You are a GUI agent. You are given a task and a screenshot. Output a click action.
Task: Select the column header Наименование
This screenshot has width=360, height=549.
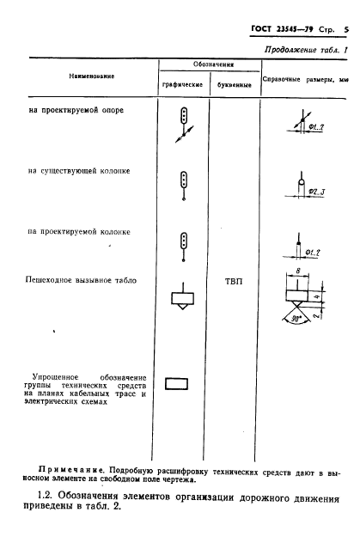[91, 76]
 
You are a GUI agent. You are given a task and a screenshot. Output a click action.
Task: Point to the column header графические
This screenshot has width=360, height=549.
[181, 86]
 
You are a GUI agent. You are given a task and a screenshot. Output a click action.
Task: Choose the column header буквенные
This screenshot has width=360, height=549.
[232, 86]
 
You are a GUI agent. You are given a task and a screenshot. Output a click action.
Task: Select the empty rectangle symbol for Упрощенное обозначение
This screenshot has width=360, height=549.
[177, 384]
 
